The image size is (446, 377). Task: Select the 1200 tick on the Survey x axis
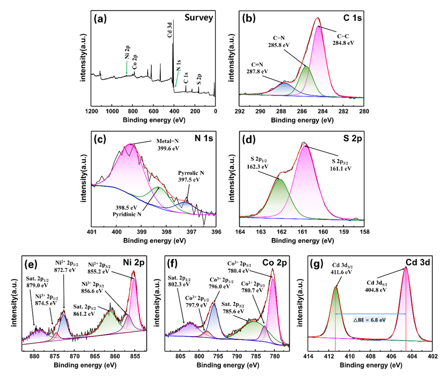[x=91, y=111]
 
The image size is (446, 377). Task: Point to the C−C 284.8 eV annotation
[x=343, y=40]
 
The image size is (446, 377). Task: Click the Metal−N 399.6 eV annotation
[x=168, y=145]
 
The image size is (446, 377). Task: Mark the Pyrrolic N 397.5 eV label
[x=191, y=176]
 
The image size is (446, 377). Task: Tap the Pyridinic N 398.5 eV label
[x=127, y=211]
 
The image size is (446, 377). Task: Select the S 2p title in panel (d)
[x=353, y=138]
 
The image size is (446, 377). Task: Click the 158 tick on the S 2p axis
[x=365, y=232]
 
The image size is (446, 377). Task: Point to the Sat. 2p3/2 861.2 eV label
[x=84, y=310]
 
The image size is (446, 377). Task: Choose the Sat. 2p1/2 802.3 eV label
[x=179, y=281]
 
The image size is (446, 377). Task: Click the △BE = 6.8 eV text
[x=370, y=320]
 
